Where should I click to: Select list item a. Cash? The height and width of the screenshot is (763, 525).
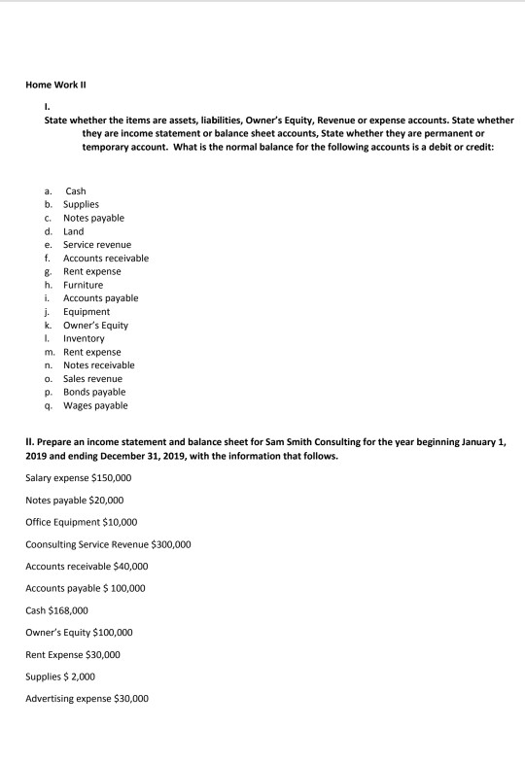click(x=75, y=191)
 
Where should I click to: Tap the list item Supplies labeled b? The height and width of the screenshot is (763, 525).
click(x=82, y=205)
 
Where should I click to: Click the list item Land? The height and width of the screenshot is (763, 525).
click(x=73, y=231)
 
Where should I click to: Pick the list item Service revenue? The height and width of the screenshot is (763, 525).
click(x=96, y=245)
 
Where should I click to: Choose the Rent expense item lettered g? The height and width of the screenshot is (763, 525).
click(x=91, y=271)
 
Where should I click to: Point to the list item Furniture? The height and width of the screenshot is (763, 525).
click(x=83, y=285)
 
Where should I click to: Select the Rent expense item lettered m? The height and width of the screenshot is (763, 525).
click(x=91, y=351)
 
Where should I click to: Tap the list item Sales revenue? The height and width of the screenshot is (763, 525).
click(x=92, y=378)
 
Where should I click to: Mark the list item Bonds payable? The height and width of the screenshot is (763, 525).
click(x=93, y=391)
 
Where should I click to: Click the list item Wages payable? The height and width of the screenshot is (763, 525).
click(x=94, y=404)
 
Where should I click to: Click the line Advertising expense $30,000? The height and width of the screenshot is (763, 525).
click(x=87, y=698)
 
